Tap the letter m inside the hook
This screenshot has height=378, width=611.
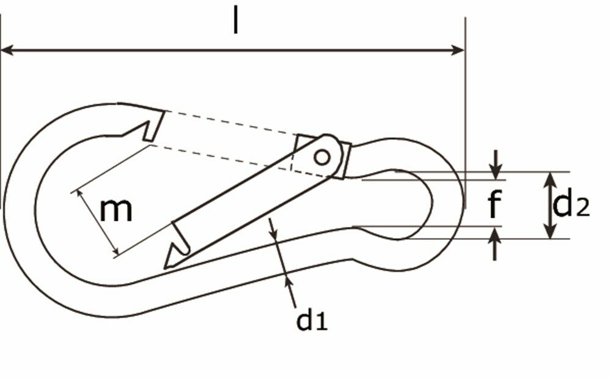[x=116, y=210]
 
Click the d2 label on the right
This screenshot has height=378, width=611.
[x=571, y=206]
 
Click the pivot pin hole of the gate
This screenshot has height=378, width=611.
[x=321, y=157]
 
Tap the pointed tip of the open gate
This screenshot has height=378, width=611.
[x=166, y=265]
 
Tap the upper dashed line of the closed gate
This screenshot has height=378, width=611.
[x=232, y=123]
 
